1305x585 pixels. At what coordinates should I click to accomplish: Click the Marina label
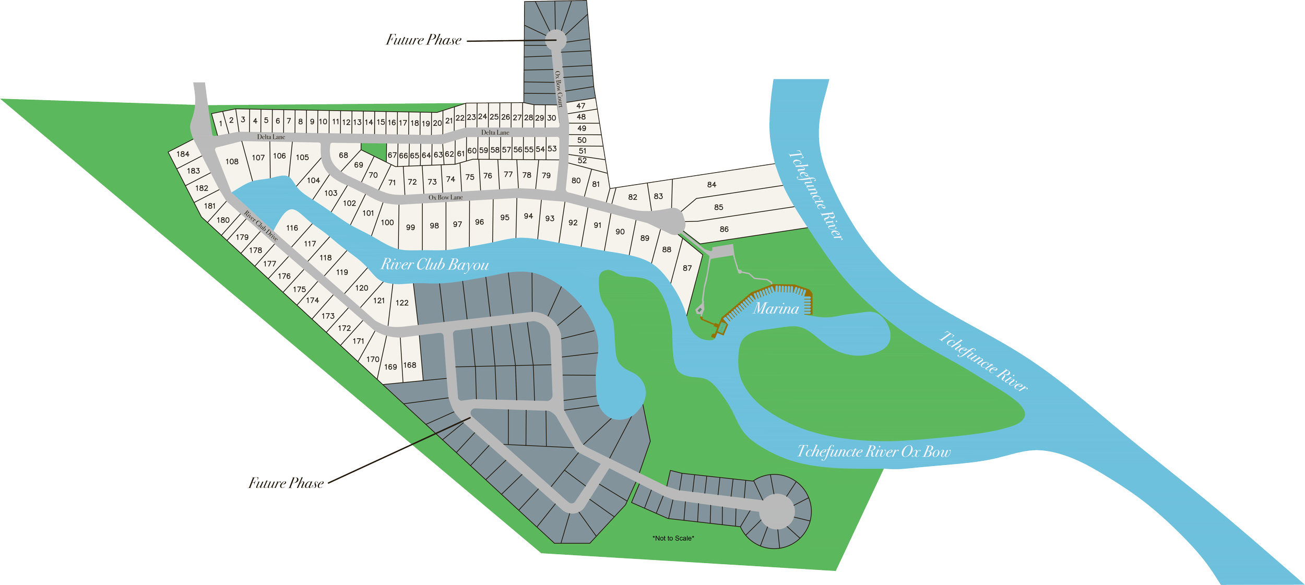(776, 309)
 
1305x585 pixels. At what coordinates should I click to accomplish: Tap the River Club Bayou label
(435, 265)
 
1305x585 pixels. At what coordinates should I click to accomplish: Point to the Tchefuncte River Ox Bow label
(874, 451)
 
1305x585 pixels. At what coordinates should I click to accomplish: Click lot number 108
(232, 162)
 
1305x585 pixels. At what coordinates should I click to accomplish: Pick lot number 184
(183, 154)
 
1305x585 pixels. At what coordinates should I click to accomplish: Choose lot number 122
(402, 303)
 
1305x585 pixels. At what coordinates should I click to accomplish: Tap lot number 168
(410, 365)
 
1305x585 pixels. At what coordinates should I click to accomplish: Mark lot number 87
(687, 268)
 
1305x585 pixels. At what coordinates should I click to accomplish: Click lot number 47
(580, 106)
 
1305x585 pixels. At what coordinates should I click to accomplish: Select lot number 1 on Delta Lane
(221, 124)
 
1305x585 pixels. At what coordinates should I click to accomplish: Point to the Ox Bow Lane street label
(445, 197)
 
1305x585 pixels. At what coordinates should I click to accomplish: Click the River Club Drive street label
(260, 225)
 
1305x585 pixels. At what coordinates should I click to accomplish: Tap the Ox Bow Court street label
(559, 89)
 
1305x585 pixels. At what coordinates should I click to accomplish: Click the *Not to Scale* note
(673, 538)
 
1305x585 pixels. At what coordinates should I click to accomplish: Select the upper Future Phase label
(423, 40)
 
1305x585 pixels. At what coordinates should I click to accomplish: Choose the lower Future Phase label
(286, 483)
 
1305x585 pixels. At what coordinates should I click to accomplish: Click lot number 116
(292, 228)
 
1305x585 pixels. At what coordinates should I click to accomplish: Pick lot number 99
(410, 228)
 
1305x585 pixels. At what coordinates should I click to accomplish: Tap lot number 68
(343, 156)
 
